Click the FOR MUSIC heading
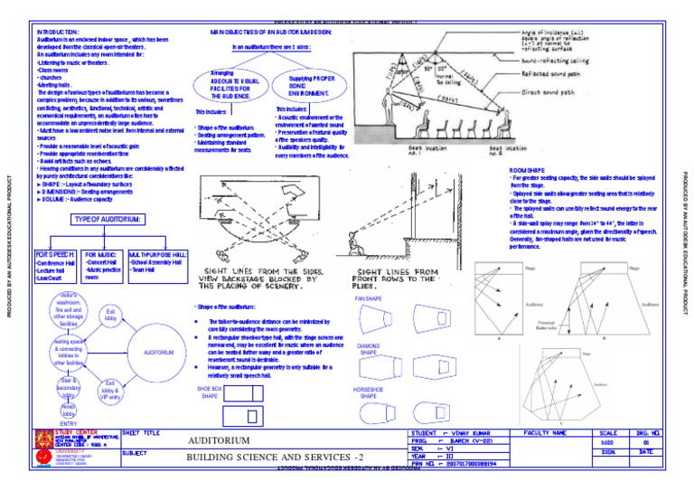point(101,255)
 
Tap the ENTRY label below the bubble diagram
point(69,423)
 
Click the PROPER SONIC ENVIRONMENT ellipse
point(302,84)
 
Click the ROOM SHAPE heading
point(528,170)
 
